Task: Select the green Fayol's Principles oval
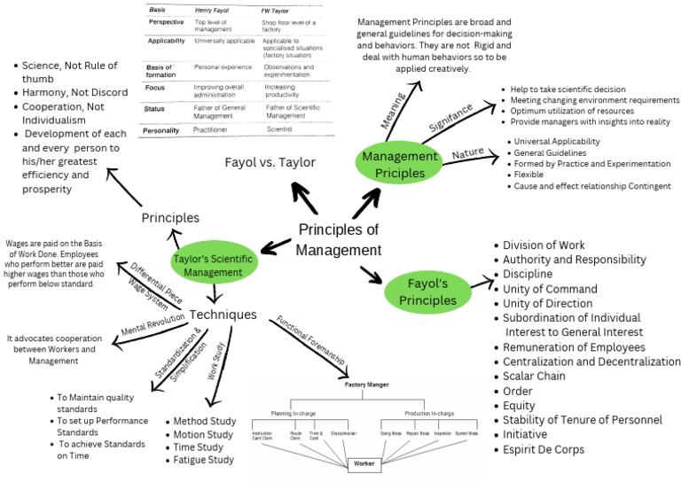point(427,292)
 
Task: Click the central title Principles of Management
point(338,239)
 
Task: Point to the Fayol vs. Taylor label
point(270,163)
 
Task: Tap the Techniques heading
point(223,315)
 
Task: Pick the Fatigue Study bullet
point(203,460)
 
